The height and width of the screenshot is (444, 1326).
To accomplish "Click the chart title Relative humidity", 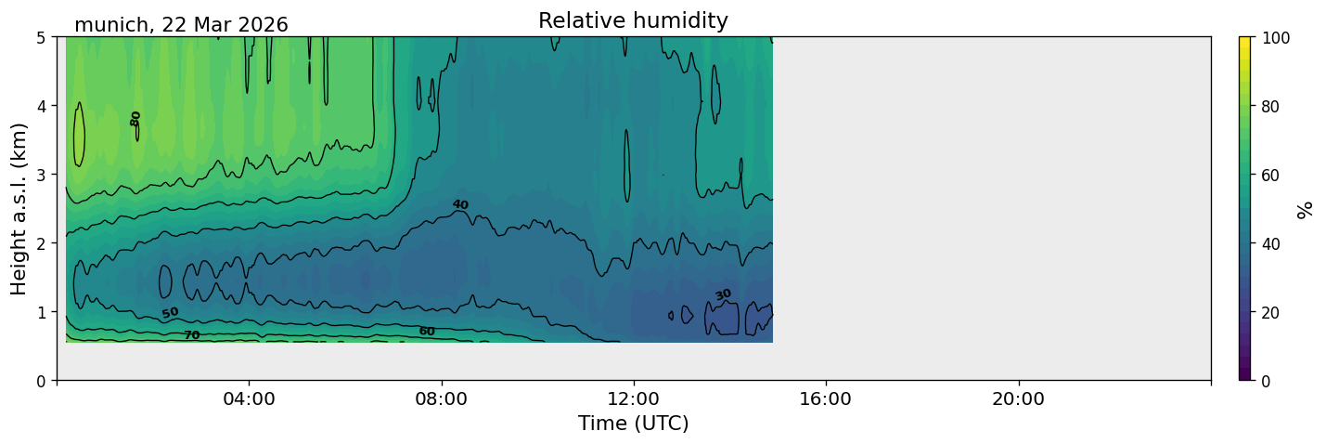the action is point(633,20).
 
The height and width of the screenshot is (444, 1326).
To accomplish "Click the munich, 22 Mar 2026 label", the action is point(181,25).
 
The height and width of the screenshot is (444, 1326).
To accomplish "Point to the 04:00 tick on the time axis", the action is point(250,398).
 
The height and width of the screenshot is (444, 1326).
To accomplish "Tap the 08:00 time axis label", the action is point(442,398).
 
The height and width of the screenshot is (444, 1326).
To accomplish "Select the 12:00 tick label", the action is point(634,398).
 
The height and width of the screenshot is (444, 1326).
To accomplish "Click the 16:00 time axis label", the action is point(826,398).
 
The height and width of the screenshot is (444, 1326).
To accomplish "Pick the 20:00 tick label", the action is point(1018,398).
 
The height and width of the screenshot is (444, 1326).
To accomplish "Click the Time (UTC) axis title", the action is point(634,424).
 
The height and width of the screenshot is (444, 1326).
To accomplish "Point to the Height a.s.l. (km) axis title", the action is point(19,209).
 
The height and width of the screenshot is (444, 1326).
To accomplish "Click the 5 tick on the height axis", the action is point(41,38).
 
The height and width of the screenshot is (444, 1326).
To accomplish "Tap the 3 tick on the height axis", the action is point(41,175).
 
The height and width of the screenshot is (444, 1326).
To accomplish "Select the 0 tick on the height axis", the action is point(41,381).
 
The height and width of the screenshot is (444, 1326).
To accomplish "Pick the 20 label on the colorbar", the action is point(1270,312).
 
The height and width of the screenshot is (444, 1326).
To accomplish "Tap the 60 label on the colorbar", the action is point(1270,176).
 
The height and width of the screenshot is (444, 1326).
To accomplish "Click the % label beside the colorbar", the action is point(1304,210).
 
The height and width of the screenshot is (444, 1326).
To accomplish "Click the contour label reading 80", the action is point(135,119).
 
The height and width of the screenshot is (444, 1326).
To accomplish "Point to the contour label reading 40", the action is point(460,204).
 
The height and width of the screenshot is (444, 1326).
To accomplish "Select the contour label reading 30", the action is point(724,294).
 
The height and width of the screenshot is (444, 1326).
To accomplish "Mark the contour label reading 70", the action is point(192,335).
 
